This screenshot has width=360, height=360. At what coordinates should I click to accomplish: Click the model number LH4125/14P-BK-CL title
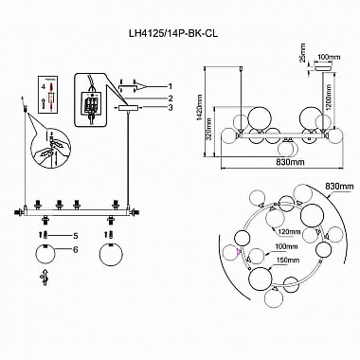(x=172, y=33)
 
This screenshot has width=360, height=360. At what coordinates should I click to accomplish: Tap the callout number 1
(x=171, y=86)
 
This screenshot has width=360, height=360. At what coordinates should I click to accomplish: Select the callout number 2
(x=171, y=98)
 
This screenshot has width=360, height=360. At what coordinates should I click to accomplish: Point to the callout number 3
(x=171, y=108)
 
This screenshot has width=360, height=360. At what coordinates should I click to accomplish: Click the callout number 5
(x=75, y=236)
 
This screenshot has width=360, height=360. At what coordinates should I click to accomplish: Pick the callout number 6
(x=75, y=249)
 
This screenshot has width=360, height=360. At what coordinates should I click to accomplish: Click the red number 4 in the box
(x=44, y=86)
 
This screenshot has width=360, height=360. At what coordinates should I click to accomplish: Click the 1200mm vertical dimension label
(x=329, y=98)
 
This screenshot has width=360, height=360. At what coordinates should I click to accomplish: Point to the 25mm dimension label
(x=303, y=52)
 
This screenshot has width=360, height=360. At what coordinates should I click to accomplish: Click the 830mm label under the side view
(x=291, y=162)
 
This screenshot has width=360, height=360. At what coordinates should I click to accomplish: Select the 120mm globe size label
(x=289, y=232)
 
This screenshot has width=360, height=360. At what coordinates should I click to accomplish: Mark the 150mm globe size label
(x=288, y=261)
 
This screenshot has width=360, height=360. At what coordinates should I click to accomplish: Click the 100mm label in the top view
(x=287, y=246)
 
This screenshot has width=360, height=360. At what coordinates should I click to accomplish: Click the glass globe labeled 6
(x=45, y=255)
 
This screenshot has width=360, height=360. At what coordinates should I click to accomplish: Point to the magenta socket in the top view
(x=239, y=251)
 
